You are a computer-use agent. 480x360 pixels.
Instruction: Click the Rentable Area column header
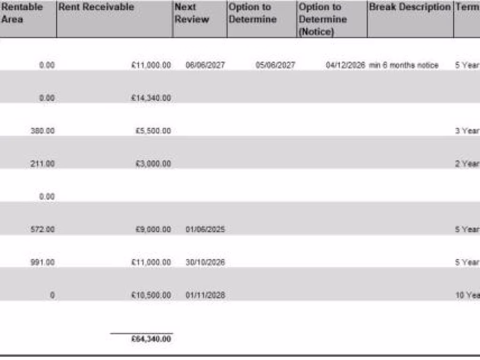click(x=22, y=13)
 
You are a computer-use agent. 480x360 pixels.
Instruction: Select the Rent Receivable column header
click(x=96, y=7)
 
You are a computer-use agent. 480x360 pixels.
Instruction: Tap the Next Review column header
click(x=192, y=13)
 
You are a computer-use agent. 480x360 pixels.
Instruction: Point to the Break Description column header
click(x=410, y=7)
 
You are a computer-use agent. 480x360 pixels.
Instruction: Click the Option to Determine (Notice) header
click(x=323, y=19)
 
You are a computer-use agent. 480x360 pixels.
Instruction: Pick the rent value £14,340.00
click(x=151, y=98)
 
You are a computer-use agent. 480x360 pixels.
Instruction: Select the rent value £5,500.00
click(x=153, y=131)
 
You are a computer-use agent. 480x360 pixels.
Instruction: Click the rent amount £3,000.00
click(x=153, y=164)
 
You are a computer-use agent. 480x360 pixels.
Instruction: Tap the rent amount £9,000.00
click(x=153, y=229)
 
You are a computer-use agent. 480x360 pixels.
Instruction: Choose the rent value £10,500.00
click(x=151, y=295)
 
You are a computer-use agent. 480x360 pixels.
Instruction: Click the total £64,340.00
click(x=151, y=339)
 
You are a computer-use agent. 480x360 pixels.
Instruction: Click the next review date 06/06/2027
click(x=205, y=65)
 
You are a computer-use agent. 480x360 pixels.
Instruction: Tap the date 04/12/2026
click(x=345, y=65)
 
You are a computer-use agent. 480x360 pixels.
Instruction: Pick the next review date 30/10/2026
click(x=205, y=262)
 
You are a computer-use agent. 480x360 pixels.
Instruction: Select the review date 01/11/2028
click(x=205, y=295)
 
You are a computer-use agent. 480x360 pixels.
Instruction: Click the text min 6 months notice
click(x=404, y=65)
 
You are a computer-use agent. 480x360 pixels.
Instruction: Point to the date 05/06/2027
click(x=275, y=65)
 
